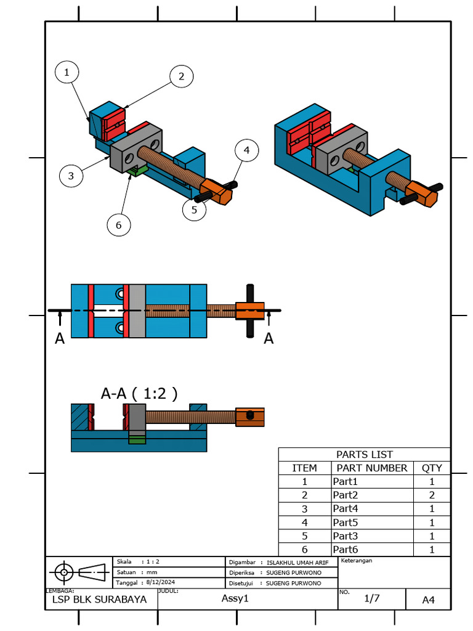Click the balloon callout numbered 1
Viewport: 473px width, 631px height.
(68, 73)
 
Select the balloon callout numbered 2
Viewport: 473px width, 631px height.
(181, 76)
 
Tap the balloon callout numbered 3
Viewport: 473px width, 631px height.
(71, 176)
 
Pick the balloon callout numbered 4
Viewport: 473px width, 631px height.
(246, 150)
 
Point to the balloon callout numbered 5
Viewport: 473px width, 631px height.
(194, 209)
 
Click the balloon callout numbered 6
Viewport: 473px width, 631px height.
(118, 225)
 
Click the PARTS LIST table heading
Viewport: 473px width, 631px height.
(364, 455)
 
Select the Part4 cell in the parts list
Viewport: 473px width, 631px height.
(346, 508)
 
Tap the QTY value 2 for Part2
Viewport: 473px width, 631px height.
(432, 495)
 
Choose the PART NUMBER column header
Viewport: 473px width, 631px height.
(371, 468)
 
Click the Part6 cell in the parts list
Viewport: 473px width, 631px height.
(346, 549)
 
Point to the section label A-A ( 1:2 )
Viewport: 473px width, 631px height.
(139, 393)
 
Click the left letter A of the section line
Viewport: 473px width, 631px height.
(60, 339)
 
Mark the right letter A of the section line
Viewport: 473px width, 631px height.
(269, 339)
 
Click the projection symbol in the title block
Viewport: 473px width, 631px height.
(79, 572)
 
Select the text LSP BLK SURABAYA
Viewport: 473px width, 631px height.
(99, 599)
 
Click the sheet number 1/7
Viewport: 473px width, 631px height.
(372, 598)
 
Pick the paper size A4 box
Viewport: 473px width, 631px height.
(428, 600)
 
